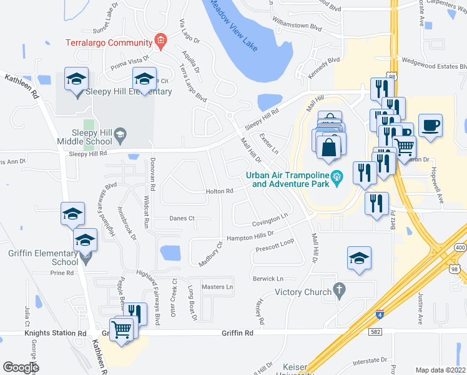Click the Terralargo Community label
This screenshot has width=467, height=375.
[x=109, y=42]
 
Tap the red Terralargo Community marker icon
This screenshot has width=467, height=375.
[x=160, y=42]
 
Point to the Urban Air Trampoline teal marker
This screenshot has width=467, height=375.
[x=338, y=176]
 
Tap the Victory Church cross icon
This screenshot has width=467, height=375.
[x=339, y=290]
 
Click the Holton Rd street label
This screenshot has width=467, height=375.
[x=220, y=191]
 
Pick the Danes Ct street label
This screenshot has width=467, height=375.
[x=182, y=218]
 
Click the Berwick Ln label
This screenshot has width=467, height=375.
[x=268, y=278]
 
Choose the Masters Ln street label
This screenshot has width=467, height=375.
[x=217, y=287]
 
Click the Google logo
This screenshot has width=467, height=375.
[x=20, y=367]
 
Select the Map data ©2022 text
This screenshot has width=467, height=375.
[x=440, y=370]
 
